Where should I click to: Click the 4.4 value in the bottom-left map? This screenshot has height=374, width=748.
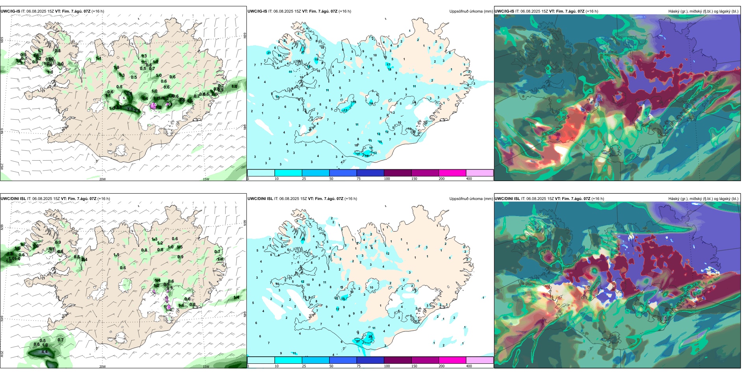pyautogui.click(x=44, y=352)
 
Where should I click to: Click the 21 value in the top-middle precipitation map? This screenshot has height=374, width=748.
pyautogui.click(x=269, y=53)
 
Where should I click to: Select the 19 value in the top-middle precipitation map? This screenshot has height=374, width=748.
pyautogui.click(x=316, y=60)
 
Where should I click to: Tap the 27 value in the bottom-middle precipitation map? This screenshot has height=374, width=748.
pyautogui.click(x=358, y=341)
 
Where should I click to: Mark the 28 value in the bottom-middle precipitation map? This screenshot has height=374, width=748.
pyautogui.click(x=370, y=337)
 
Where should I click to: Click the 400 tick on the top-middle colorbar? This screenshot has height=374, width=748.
pyautogui.click(x=469, y=179)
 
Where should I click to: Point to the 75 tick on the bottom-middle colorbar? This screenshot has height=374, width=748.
pyautogui.click(x=359, y=366)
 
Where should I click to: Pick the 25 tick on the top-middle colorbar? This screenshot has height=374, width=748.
pyautogui.click(x=304, y=179)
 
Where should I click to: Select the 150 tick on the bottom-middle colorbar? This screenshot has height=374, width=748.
pyautogui.click(x=414, y=366)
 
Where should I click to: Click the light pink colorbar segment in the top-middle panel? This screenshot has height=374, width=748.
pyautogui.click(x=480, y=173)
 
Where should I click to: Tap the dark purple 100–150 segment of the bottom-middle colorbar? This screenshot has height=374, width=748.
pyautogui.click(x=397, y=360)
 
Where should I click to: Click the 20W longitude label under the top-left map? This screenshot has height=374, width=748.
pyautogui.click(x=102, y=179)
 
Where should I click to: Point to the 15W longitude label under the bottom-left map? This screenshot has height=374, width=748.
pyautogui.click(x=206, y=367)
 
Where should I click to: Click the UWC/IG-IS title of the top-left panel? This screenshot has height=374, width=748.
pyautogui.click(x=10, y=11)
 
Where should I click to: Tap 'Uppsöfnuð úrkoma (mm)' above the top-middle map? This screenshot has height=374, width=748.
pyautogui.click(x=471, y=11)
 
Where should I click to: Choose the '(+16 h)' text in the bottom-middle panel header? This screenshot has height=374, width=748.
pyautogui.click(x=350, y=199)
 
